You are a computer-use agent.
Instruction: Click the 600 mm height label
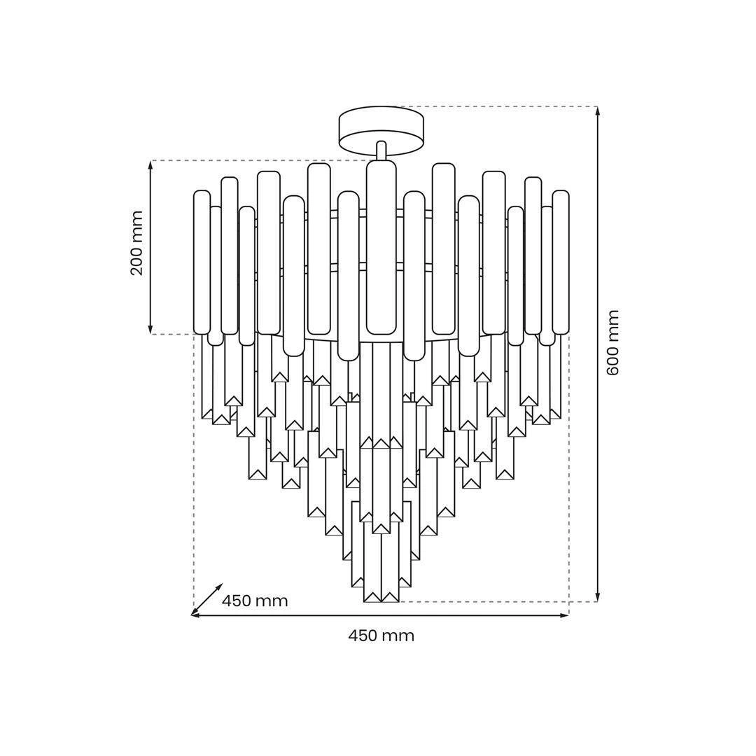point(612,343)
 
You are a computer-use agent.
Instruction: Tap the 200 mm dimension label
point(137,243)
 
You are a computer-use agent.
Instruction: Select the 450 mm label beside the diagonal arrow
point(255,601)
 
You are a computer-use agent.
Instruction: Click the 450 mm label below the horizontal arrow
point(381,636)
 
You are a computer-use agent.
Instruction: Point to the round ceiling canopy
point(381,129)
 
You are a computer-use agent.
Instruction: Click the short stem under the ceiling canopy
point(381,151)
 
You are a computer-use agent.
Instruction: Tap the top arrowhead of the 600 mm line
point(598,111)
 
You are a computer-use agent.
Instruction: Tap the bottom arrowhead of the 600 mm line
point(598,597)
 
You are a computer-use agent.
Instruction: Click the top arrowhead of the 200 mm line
point(150,165)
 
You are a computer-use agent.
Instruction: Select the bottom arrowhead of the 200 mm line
point(150,328)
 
